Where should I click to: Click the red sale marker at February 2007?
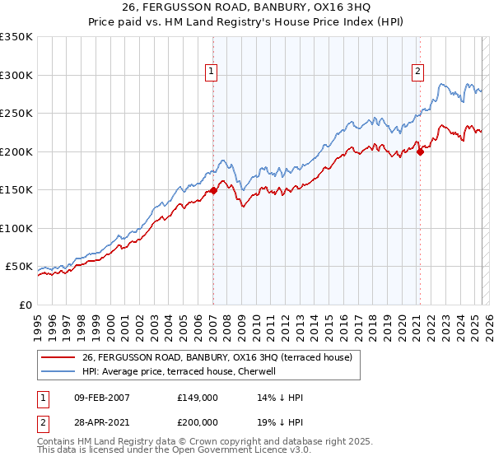point(213,191)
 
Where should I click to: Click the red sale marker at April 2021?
point(420,151)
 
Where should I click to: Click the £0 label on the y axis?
point(25,305)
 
